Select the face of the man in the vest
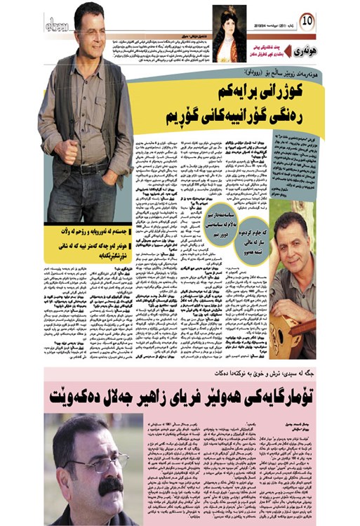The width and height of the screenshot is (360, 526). coord(89,32)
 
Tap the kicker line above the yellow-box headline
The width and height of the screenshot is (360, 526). coord(225,73)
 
